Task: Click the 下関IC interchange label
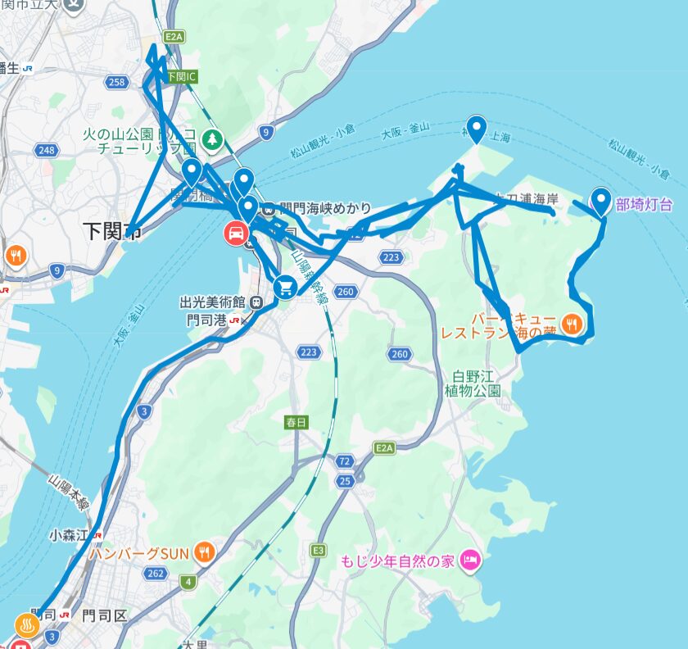[181, 77]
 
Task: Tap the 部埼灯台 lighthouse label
[645, 205]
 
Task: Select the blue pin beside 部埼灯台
[601, 200]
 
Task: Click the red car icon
[235, 234]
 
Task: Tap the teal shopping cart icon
[285, 286]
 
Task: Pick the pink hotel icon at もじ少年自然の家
[470, 561]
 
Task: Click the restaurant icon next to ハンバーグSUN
[205, 551]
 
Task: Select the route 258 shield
[117, 82]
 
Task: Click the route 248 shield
[45, 150]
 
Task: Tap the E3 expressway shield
[318, 551]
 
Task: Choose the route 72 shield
[345, 461]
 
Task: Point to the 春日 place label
[296, 423]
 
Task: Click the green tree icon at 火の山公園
[213, 139]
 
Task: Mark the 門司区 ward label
[104, 616]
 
